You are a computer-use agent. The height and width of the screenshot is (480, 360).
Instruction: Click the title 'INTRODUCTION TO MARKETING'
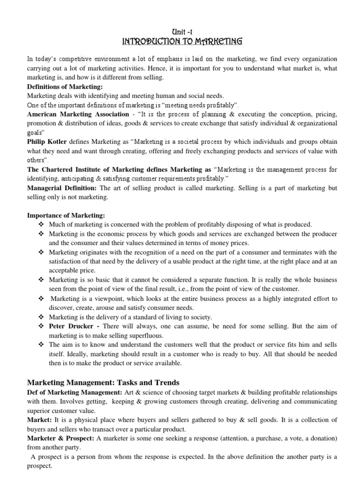(x=182, y=42)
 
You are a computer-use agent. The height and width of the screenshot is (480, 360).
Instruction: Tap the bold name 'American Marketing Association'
(x=78, y=114)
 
